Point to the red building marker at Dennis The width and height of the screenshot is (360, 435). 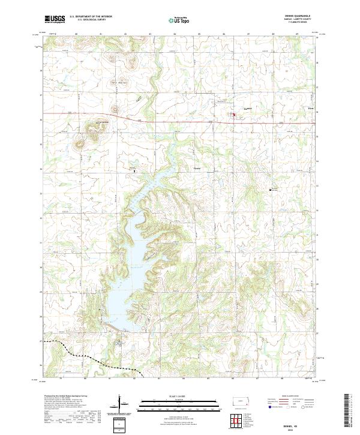click(x=234, y=115)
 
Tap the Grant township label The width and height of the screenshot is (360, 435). click(x=197, y=169)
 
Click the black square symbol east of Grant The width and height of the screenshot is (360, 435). click(x=271, y=190)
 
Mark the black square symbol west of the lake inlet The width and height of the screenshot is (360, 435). click(x=134, y=171)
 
